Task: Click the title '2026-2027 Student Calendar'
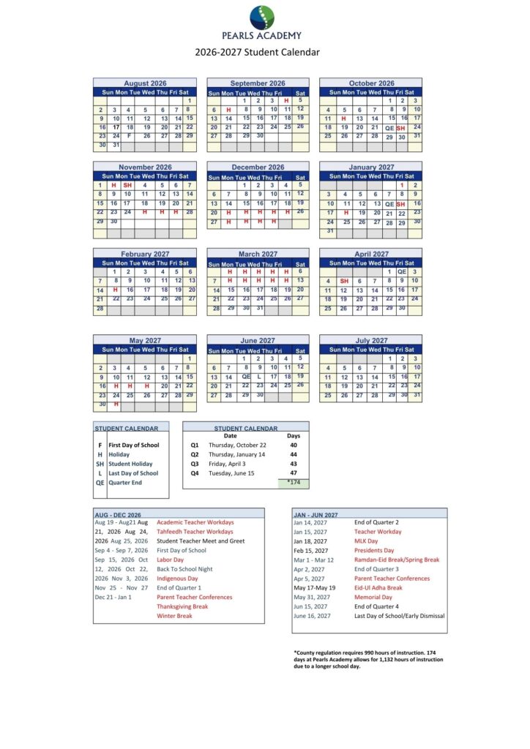tap(257, 52)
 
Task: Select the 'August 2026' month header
tap(145, 83)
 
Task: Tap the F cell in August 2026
tap(129, 136)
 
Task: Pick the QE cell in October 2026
tap(389, 127)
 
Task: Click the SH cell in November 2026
tap(127, 185)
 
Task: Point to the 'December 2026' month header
tap(258, 167)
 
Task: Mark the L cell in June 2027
tap(259, 377)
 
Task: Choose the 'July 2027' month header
tap(371, 340)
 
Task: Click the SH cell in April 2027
tap(343, 281)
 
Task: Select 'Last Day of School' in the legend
tap(133, 473)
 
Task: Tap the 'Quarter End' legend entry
tap(125, 483)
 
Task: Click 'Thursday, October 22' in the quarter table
tap(237, 445)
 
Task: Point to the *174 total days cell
tap(294, 483)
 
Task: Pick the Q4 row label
tap(195, 473)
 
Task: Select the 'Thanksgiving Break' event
tap(182, 606)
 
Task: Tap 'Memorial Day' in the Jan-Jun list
tap(375, 597)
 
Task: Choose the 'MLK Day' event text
tap(366, 541)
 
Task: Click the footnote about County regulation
tap(368, 660)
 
